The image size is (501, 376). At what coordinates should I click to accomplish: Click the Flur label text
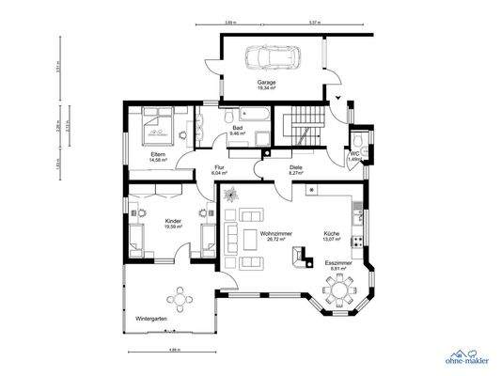point(218,167)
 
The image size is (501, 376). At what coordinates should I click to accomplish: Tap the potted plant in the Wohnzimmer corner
point(232,193)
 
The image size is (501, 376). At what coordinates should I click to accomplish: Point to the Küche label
point(332,232)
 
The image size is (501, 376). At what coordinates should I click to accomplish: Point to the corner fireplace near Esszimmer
point(300,255)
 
